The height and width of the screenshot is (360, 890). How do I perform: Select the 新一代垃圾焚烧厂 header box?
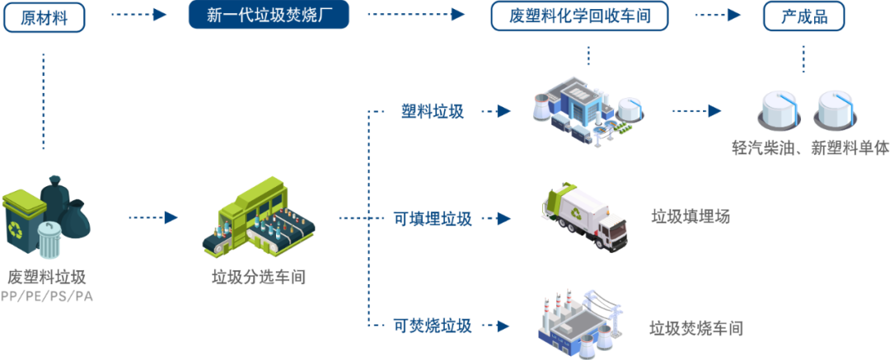pyautogui.click(x=269, y=16)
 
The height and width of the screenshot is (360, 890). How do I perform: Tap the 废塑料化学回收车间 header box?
pyautogui.click(x=578, y=16)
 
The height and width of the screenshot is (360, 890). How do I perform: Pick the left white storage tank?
pyautogui.click(x=779, y=110)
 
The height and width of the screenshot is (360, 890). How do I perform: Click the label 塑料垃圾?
pyautogui.click(x=432, y=111)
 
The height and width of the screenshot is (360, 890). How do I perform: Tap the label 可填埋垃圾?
pyautogui.click(x=432, y=219)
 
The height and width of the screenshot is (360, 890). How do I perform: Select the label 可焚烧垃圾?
pyautogui.click(x=432, y=325)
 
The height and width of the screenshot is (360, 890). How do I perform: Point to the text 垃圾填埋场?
pyautogui.click(x=690, y=217)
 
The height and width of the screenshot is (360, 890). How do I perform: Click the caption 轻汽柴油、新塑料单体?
pyautogui.click(x=810, y=148)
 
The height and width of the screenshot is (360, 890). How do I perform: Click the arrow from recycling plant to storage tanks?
pyautogui.click(x=696, y=110)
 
